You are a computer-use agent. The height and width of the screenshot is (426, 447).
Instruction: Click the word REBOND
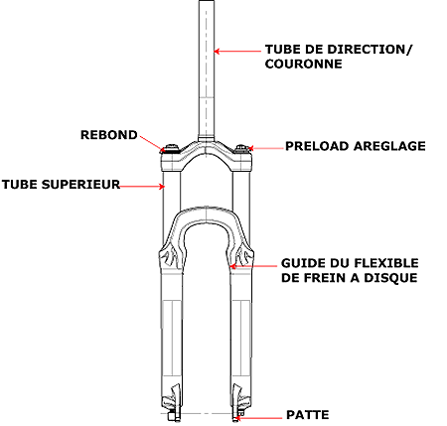point(109,135)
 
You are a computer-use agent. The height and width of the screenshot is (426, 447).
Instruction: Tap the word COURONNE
point(304,64)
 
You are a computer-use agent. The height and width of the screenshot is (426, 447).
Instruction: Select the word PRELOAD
point(317,146)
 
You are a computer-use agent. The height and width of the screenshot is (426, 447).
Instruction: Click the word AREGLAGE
point(389,146)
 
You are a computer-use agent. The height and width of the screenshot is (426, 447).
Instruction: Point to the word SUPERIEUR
point(80,185)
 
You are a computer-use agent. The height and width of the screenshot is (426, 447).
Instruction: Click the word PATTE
point(308,415)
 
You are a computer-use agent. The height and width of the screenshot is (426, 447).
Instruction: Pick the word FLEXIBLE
point(386,263)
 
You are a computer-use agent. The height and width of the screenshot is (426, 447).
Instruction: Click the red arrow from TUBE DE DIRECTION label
point(237,52)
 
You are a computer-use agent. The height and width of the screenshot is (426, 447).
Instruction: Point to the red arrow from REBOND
point(152,143)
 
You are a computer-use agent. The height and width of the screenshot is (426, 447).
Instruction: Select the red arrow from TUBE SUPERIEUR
point(142,187)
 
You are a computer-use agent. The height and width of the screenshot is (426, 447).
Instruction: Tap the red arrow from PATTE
point(258,418)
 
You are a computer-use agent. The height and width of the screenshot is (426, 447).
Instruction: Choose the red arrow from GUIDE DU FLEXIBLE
point(253,266)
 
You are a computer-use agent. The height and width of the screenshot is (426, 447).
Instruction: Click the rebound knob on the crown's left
point(171,148)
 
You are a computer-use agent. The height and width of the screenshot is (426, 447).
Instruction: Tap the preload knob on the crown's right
point(241,148)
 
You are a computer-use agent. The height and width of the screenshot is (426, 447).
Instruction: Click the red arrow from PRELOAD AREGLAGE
point(266,148)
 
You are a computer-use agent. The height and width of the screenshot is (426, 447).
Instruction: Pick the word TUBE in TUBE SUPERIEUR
point(20,185)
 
